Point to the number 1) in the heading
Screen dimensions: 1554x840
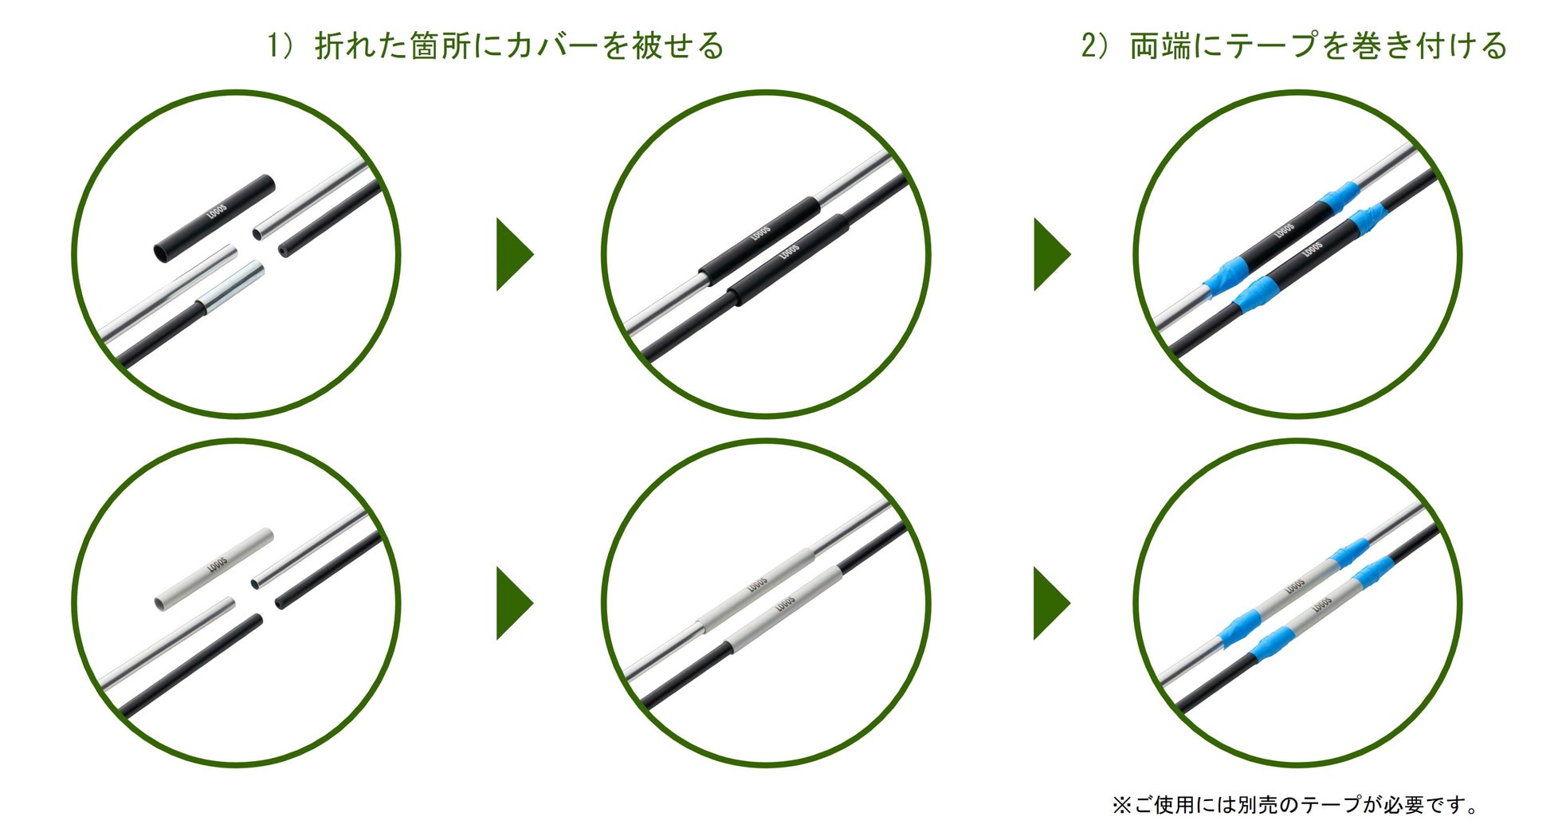[x=280, y=45]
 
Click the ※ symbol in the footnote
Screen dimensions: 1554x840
[x=1122, y=805]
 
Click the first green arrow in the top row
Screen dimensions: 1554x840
[x=515, y=254]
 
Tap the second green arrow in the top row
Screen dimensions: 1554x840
[x=1052, y=254]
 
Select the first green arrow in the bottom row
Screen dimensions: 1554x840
[x=515, y=603]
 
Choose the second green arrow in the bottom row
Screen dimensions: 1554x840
[x=1052, y=603]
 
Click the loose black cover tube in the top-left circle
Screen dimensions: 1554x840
[x=214, y=218]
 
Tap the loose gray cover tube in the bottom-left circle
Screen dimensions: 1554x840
[x=214, y=569]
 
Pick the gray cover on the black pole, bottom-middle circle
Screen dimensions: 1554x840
[x=784, y=607]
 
